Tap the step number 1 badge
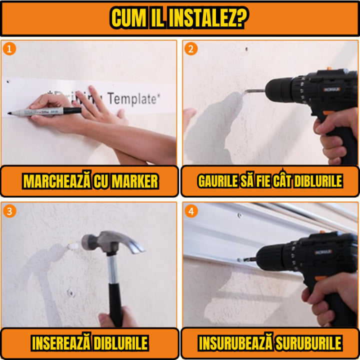pyautogui.click(x=9, y=48)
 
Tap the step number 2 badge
pyautogui.click(x=190, y=48)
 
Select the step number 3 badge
pyautogui.click(x=9, y=211)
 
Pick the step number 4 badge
pyautogui.click(x=190, y=211)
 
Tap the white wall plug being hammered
pyautogui.click(x=73, y=245)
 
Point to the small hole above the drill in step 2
pyautogui.click(x=246, y=49)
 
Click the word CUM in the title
pyautogui.click(x=129, y=17)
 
